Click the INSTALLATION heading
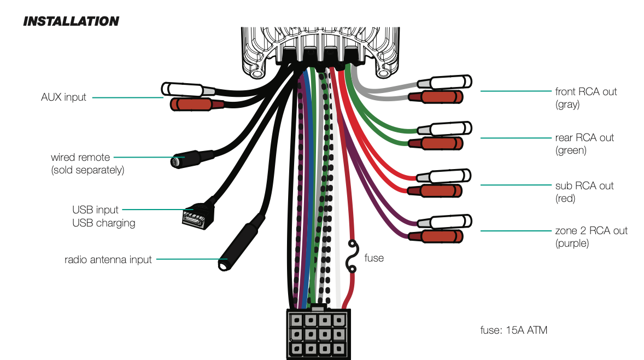[x=71, y=21]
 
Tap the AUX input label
[x=63, y=97]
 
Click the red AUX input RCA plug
[x=191, y=104]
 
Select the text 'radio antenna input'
[x=108, y=259]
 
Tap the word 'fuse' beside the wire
[x=374, y=258]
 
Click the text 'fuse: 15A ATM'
[x=513, y=330]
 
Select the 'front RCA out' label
[x=586, y=91]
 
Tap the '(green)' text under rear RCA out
[x=571, y=150]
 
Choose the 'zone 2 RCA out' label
[x=591, y=230]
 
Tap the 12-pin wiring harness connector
[x=317, y=333]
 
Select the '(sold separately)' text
[x=88, y=170]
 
